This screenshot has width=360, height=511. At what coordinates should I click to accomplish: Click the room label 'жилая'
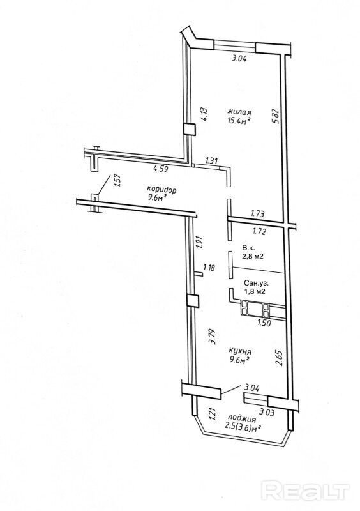pos(239,112)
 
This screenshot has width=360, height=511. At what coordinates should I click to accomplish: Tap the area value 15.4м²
pos(239,121)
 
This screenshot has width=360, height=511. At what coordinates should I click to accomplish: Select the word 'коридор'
pos(161,189)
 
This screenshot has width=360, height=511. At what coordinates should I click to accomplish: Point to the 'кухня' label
pos(240,352)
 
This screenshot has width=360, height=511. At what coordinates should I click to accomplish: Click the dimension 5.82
pos(276,116)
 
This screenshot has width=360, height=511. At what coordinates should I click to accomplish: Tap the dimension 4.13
pos(204,115)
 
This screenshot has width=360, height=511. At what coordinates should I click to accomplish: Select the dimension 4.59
pos(161,169)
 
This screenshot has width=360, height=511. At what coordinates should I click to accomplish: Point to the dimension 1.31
pos(211,160)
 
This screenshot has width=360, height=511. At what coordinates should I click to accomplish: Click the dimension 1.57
pos(117,181)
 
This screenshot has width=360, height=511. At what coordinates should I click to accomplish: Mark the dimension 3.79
pos(213,337)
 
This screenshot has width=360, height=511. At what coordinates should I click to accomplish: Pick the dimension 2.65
pos(278,358)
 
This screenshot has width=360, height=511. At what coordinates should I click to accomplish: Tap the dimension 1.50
pos(264,323)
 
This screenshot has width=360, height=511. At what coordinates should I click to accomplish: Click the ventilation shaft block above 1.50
pos(255,309)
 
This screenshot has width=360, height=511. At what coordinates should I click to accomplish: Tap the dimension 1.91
pos(200,243)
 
